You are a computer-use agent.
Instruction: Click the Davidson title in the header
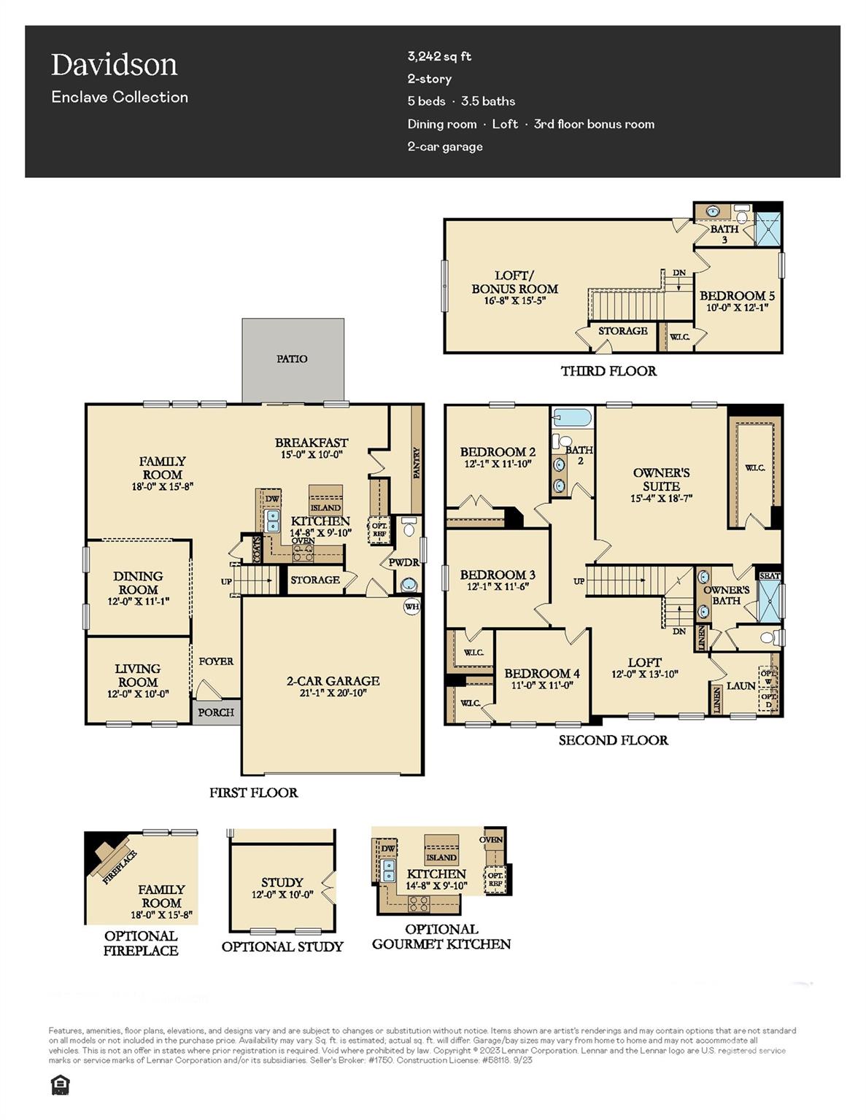(x=114, y=65)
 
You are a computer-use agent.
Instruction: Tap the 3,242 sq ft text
(x=439, y=56)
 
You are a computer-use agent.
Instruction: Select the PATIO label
(x=292, y=359)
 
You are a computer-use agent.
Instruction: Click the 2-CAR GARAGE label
(x=333, y=681)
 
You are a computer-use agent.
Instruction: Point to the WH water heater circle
(x=412, y=606)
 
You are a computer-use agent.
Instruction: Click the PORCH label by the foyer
(x=216, y=712)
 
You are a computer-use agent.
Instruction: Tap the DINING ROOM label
(x=138, y=583)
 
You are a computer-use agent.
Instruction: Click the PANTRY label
(x=417, y=463)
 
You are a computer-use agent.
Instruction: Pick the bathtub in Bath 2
(x=572, y=419)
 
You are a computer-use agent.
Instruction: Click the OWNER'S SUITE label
(x=661, y=479)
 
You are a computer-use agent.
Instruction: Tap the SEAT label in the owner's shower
(x=770, y=576)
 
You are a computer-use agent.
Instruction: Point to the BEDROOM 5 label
(x=737, y=295)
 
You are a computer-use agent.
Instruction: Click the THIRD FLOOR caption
(x=608, y=371)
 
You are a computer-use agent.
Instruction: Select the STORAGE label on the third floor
(x=622, y=331)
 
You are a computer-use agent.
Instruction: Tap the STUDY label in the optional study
(x=282, y=882)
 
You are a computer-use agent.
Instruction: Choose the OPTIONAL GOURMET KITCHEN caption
(x=441, y=937)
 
